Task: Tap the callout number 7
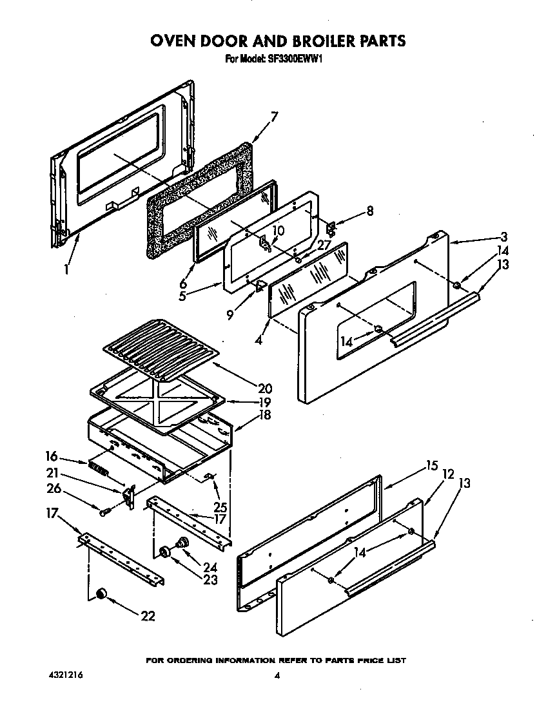tap(274, 117)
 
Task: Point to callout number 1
tap(66, 269)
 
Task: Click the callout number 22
tap(148, 616)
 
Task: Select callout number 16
tap(52, 456)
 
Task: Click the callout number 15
tap(431, 465)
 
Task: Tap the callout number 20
tap(264, 389)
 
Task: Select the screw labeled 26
tap(104, 512)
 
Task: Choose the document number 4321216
tap(65, 675)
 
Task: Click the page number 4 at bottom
tap(277, 676)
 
